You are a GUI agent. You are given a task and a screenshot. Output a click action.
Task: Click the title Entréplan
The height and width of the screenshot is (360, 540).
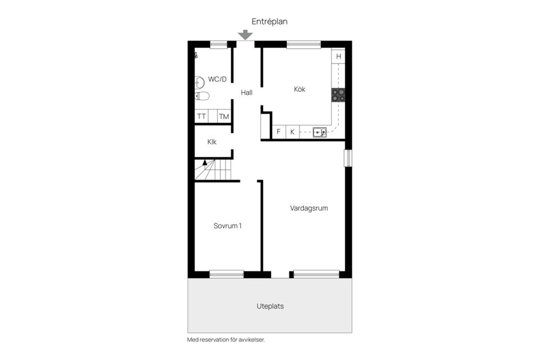269,21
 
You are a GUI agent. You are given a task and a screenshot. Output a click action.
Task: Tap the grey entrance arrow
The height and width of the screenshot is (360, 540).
245,35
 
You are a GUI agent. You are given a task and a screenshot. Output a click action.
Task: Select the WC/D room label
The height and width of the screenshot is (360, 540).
217,79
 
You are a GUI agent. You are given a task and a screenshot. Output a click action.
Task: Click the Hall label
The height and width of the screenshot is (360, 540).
246,93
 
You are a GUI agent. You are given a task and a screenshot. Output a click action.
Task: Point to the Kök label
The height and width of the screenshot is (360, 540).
300,89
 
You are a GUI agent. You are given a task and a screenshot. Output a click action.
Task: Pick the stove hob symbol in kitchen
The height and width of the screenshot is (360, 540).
338,95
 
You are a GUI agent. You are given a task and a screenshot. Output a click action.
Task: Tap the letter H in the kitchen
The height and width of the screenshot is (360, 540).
339,56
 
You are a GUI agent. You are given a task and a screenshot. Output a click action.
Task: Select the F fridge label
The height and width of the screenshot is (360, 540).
278,132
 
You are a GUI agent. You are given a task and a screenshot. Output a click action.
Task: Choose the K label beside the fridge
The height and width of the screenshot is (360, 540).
292,132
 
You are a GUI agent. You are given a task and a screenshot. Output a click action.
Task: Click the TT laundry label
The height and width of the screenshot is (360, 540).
201,117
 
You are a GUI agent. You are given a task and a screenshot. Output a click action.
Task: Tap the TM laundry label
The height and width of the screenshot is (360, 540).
224,117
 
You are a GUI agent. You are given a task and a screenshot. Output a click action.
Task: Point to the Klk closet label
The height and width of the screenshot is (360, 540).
211,142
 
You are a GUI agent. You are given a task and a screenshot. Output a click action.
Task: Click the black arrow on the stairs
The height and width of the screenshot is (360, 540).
205,163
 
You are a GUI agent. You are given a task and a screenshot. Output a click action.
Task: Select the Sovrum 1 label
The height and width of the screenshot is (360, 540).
227,226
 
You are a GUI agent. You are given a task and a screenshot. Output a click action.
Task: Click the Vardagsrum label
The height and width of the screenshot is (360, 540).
309,208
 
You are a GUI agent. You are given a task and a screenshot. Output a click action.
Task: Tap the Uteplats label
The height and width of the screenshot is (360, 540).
270,307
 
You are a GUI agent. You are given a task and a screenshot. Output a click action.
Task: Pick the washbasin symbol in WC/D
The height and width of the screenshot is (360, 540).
199,82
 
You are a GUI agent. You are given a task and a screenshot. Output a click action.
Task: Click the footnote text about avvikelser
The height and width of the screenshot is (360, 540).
226,340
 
